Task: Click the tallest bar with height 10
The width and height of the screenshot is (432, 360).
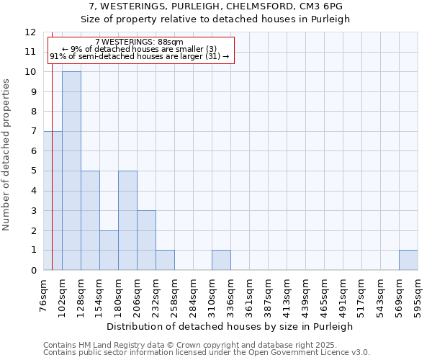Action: [x=71, y=171]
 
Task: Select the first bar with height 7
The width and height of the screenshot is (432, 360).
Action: [x=53, y=201]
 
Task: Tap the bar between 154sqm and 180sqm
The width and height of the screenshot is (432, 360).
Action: [x=109, y=250]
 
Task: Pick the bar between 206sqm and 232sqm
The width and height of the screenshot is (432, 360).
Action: [x=146, y=240]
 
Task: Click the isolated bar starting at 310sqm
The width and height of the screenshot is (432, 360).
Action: [x=221, y=260]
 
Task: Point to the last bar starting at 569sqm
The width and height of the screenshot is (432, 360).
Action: [x=408, y=260]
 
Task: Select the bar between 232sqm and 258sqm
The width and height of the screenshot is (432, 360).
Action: [x=165, y=260]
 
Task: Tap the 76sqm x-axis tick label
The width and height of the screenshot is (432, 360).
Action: [x=44, y=295]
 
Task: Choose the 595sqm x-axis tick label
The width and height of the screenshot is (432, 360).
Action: [x=418, y=295]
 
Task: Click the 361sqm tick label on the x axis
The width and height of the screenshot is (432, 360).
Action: [x=250, y=295]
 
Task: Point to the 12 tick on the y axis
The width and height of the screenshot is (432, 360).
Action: [x=30, y=32]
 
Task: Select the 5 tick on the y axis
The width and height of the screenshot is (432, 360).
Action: [x=33, y=171]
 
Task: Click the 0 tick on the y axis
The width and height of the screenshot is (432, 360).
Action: [x=33, y=270]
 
